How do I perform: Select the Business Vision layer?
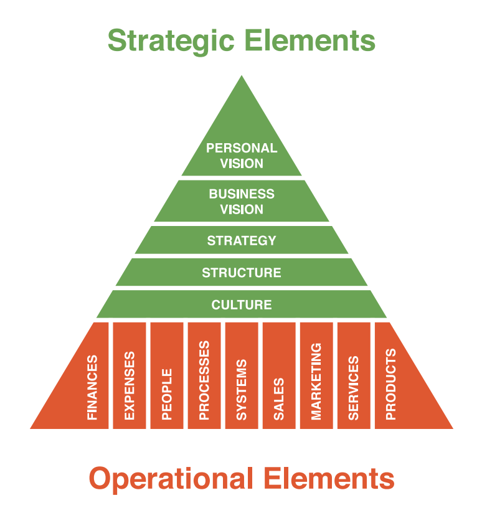pyautogui.click(x=242, y=201)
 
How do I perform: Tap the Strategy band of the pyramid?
pyautogui.click(x=242, y=240)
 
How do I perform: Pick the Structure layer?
pyautogui.click(x=242, y=272)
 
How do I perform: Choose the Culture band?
pyautogui.click(x=242, y=304)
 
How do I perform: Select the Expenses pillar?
pyautogui.click(x=130, y=376)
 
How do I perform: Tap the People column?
pyautogui.click(x=167, y=376)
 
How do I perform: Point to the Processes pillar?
pyautogui.click(x=204, y=376)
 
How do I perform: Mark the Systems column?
pyautogui.click(x=242, y=376)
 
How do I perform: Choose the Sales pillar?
pyautogui.click(x=279, y=376)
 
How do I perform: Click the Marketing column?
pyautogui.click(x=316, y=376)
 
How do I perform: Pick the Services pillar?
pyautogui.click(x=354, y=376)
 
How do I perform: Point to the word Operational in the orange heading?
pyautogui.click(x=171, y=479)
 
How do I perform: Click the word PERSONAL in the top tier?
pyautogui.click(x=242, y=148)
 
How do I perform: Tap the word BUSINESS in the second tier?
pyautogui.click(x=242, y=194)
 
